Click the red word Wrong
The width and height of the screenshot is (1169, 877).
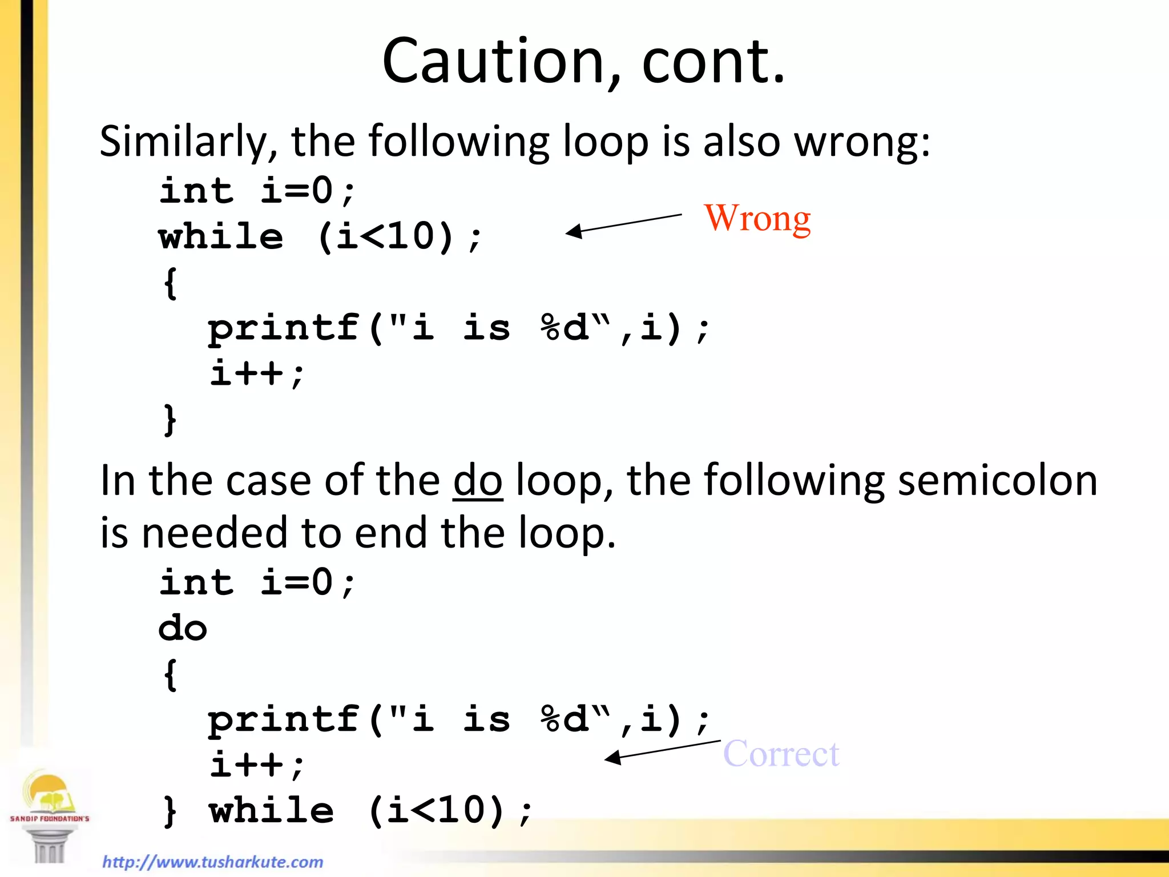pos(757,219)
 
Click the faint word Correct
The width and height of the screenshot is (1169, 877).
pos(781,754)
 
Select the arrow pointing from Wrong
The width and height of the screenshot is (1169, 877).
pos(623,223)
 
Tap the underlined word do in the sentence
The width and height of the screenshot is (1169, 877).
pos(478,481)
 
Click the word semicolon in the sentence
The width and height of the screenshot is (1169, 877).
pos(997,481)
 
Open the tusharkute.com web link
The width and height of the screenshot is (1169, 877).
pos(212,862)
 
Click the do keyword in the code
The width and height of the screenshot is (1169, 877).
pos(183,629)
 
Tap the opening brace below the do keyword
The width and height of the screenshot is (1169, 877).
pos(170,674)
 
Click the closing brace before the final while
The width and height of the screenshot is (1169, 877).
pos(170,811)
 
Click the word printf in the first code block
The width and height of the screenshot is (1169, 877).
pos(284,328)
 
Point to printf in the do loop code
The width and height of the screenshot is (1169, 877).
pos(284,719)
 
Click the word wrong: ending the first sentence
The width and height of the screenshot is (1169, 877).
pos(862,142)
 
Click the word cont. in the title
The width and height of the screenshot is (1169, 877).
pos(714,61)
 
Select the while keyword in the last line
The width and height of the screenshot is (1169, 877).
pos(271,811)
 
